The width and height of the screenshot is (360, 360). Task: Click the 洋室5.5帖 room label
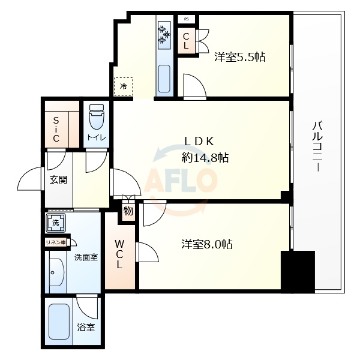240,58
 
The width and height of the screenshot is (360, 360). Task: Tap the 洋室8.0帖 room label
207,244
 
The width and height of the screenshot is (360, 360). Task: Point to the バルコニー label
317,148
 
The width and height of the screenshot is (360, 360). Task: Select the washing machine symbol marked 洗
55,223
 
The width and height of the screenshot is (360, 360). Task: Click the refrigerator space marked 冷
124,86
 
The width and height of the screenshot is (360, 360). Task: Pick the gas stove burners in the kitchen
164,35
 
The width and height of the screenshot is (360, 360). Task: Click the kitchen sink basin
164,78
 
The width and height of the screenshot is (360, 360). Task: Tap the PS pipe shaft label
187,19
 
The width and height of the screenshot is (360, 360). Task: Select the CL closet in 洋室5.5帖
187,41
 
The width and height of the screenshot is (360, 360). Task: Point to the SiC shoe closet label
55,128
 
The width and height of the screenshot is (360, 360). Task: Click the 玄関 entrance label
58,179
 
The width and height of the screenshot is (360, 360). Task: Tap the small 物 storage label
128,211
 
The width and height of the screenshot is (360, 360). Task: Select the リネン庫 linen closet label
56,242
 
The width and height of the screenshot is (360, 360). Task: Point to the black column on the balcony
298,271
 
